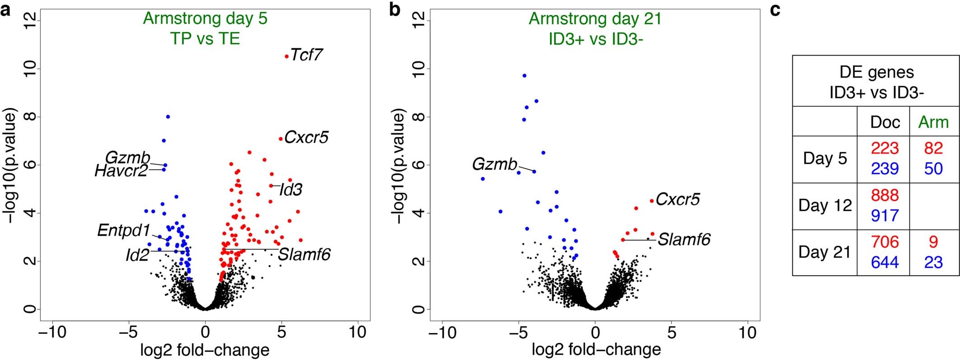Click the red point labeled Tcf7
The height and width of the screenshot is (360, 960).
(287, 56)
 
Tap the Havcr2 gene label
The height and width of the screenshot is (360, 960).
(121, 171)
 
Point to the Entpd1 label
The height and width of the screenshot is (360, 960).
(123, 231)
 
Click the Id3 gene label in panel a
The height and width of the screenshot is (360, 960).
(290, 190)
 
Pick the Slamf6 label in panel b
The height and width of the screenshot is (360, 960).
(684, 239)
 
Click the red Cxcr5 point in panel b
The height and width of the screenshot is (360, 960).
(652, 201)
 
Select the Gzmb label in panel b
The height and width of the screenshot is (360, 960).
(494, 164)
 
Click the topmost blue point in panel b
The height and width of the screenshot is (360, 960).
(524, 75)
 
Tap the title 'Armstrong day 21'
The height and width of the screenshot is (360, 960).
(595, 19)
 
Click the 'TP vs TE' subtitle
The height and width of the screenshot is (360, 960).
(205, 39)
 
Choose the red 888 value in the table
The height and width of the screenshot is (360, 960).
(885, 195)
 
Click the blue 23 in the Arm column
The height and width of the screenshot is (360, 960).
(933, 262)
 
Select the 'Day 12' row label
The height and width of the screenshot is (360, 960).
(825, 206)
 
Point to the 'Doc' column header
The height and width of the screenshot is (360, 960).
(885, 122)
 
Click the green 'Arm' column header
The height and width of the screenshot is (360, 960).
(933, 122)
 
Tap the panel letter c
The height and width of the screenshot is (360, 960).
(775, 9)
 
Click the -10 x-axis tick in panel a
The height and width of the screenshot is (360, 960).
(52, 333)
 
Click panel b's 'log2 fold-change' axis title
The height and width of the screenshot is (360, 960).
(596, 350)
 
